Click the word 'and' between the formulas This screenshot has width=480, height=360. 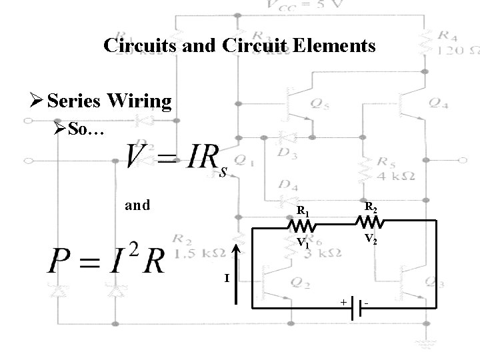[137, 205]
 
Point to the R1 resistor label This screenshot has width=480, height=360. [303, 212]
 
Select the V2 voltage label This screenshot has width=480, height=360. [371, 238]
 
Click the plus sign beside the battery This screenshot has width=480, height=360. [343, 303]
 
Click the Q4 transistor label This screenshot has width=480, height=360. [439, 102]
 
